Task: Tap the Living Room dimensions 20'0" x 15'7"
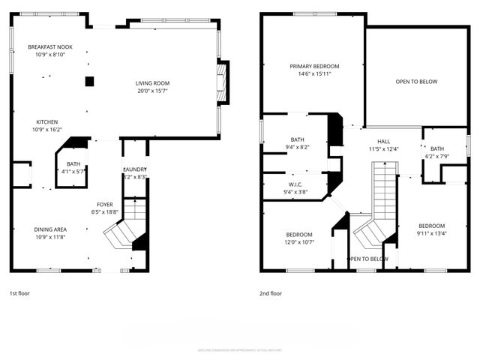pos(152,91)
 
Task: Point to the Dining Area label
pos(49,229)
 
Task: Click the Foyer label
pos(105,204)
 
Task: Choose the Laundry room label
pos(134,169)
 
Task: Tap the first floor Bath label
pos(73,163)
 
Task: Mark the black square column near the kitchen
pos(89,81)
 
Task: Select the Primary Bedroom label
pos(314,66)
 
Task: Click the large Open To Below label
pos(416,81)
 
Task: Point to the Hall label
pos(383,140)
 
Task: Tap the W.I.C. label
pos(294,184)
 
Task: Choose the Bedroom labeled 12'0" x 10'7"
pos(298,237)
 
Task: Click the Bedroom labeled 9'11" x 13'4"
pos(431,229)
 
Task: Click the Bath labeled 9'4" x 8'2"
pos(297,143)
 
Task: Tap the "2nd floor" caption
pos(271,293)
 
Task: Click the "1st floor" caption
pos(19,293)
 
